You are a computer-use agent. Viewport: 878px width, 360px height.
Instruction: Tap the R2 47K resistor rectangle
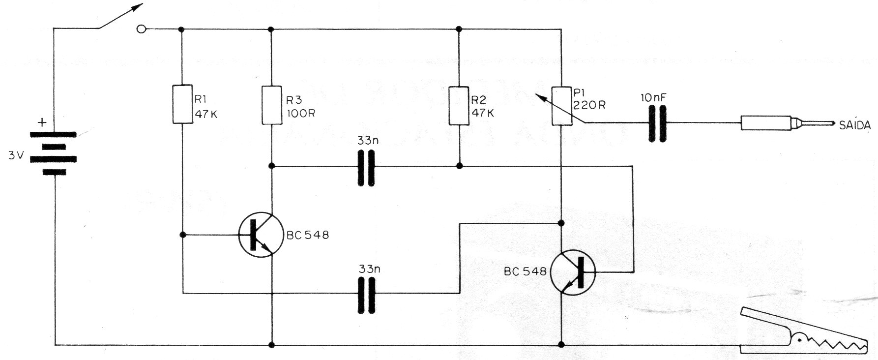click(x=459, y=105)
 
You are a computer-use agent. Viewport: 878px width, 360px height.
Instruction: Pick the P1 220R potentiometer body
click(x=561, y=106)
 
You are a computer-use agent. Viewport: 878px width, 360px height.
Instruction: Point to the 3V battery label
click(x=16, y=156)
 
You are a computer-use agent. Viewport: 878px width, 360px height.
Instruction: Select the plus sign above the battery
click(x=43, y=122)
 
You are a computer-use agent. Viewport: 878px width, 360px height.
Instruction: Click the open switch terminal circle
click(x=141, y=30)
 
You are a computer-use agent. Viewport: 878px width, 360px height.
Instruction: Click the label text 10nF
click(x=653, y=98)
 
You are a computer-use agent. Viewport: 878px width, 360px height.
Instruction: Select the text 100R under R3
click(x=300, y=113)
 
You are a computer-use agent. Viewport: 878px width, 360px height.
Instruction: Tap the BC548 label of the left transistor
click(x=308, y=235)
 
